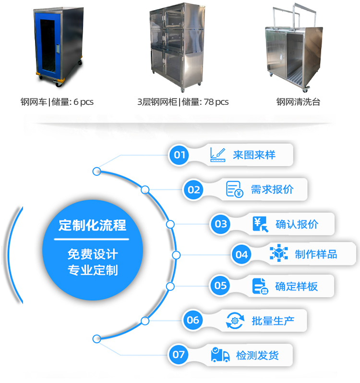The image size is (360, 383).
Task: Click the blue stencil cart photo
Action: click(x=59, y=47)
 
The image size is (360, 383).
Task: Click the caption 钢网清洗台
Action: click(x=298, y=102)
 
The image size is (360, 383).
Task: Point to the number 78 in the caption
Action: click(x=208, y=101)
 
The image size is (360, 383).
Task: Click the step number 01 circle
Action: click(x=179, y=155)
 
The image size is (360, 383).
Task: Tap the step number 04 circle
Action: click(x=241, y=255)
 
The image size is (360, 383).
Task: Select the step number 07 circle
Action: click(x=178, y=355)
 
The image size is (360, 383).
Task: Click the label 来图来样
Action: click(x=254, y=155)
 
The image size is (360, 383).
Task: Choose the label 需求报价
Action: click(x=272, y=189)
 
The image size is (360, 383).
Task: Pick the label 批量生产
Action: click(x=273, y=321)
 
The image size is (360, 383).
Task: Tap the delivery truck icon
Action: click(x=220, y=355)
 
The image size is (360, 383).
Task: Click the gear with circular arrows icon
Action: click(x=235, y=321)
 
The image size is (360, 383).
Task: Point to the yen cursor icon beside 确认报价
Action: click(x=261, y=224)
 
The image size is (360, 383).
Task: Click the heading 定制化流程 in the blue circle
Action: click(x=92, y=225)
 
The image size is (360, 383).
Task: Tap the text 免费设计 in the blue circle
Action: click(x=93, y=254)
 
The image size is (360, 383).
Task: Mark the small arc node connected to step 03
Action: click(x=170, y=224)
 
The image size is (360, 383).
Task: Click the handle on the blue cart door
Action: click(x=58, y=49)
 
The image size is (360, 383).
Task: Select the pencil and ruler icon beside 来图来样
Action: click(x=217, y=155)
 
